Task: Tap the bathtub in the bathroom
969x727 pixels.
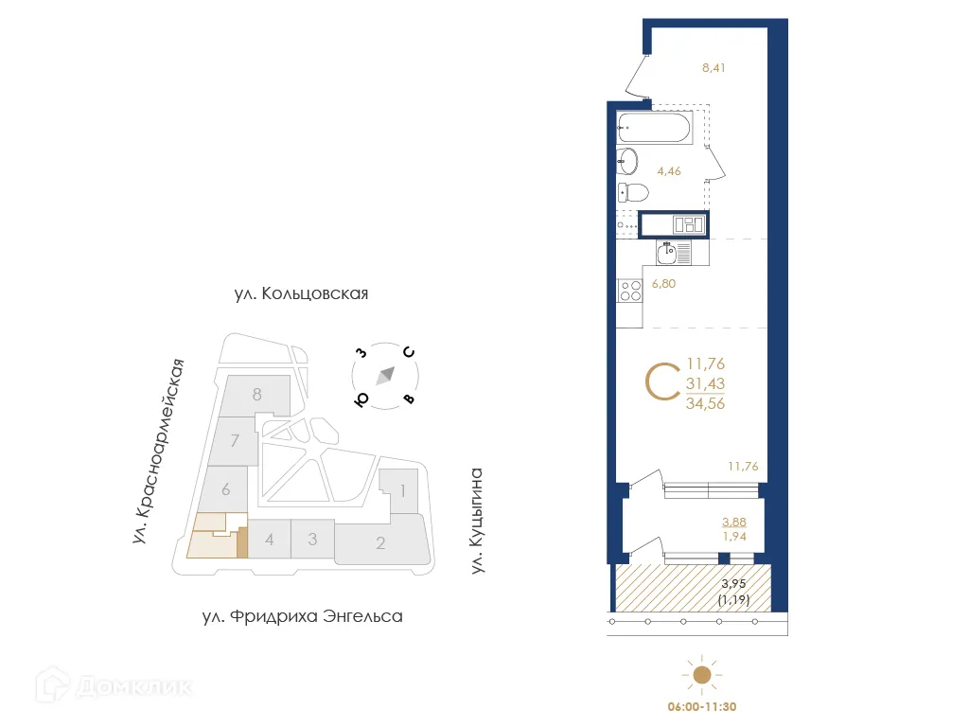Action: coord(653,127)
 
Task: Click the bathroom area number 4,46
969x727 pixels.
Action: coord(668,171)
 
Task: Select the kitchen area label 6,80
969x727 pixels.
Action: coord(664,282)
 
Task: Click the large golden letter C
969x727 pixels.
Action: coord(661,381)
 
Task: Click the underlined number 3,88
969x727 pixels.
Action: coord(734,522)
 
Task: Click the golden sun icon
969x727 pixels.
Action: coord(701,675)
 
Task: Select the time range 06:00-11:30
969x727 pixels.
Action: coord(701,706)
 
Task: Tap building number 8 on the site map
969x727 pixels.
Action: coord(256,395)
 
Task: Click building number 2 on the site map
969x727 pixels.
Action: coord(380,542)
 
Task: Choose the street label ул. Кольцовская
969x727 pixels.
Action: coord(301,294)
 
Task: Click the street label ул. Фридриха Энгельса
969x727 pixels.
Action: coord(302,617)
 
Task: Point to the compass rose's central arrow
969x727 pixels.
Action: coord(384,377)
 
